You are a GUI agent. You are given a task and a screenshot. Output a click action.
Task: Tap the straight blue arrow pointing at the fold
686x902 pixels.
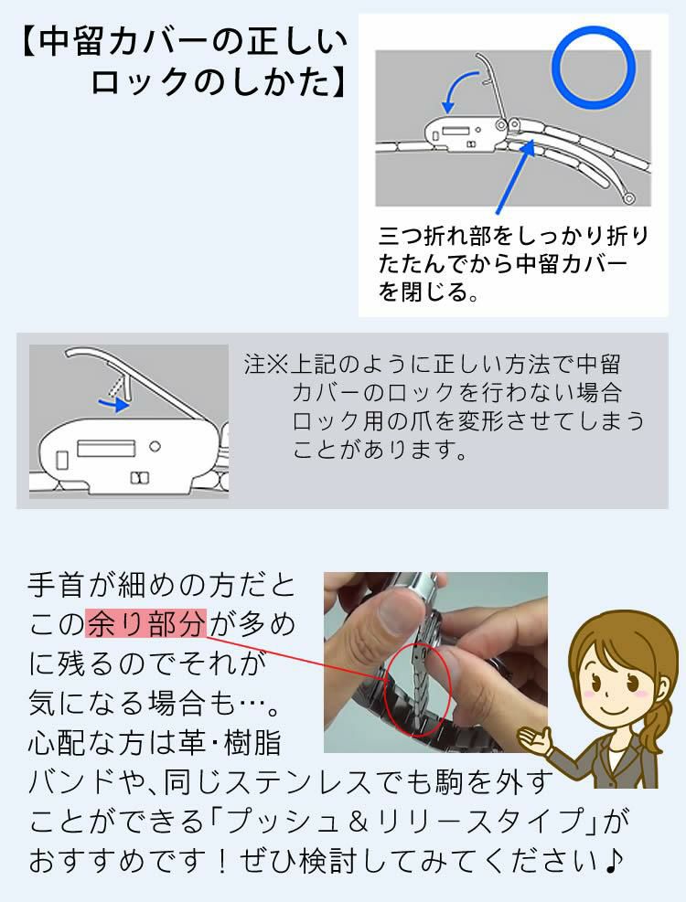click(x=515, y=178)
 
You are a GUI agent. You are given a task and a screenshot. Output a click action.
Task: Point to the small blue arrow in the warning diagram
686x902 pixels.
click(x=113, y=402)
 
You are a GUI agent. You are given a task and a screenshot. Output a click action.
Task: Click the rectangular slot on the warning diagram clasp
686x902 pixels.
click(x=106, y=447)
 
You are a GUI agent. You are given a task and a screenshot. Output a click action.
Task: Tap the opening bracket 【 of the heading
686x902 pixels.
click(x=27, y=43)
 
